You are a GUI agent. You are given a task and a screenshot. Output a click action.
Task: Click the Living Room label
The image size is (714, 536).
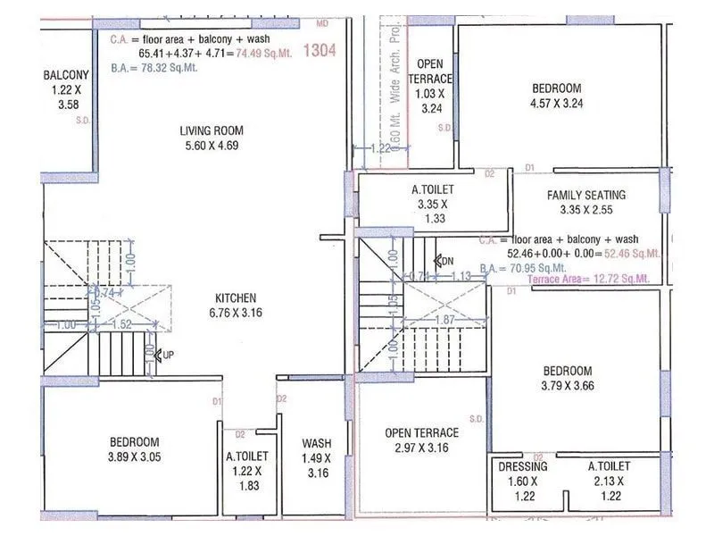(212, 130)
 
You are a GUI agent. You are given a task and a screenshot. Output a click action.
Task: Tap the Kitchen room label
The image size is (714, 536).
(236, 298)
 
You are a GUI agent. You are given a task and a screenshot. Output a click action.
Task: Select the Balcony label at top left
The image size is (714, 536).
(66, 75)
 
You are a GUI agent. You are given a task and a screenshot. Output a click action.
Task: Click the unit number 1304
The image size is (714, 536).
(320, 51)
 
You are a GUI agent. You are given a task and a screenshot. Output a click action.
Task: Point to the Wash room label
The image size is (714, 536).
(316, 443)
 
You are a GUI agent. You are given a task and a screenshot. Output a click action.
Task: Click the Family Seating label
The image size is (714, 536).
(586, 195)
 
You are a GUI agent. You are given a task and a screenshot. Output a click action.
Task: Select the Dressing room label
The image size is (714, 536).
(523, 466)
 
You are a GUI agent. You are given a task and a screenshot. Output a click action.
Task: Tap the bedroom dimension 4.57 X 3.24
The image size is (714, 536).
(556, 103)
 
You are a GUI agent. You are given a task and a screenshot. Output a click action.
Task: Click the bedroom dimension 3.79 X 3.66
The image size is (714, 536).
(568, 386)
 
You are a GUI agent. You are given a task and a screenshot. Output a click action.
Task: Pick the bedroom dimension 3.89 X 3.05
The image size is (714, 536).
(134, 457)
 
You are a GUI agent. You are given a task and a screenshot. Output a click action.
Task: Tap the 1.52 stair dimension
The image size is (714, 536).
(122, 325)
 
